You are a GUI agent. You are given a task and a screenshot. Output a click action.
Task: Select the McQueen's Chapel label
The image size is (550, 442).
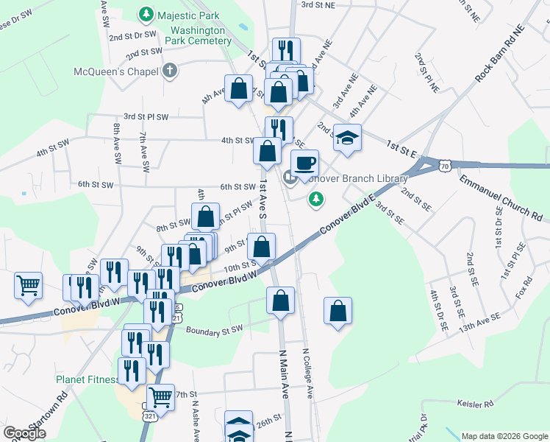coord(116,71)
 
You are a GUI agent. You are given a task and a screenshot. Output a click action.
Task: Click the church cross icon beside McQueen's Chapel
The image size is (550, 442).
coord(170,71)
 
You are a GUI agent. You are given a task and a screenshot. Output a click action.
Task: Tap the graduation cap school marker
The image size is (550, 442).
coord(347,138)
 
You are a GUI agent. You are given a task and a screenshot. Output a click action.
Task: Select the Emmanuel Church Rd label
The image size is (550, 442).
coord(500,197)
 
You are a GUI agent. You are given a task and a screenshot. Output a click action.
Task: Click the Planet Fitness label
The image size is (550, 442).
coord(87,380)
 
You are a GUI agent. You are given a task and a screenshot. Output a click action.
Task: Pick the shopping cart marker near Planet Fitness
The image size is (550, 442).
coord(161,398)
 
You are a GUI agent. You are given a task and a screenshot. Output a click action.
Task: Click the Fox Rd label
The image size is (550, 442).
coord(523,284)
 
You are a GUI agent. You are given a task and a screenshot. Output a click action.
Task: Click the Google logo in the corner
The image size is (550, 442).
coord(25,433)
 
